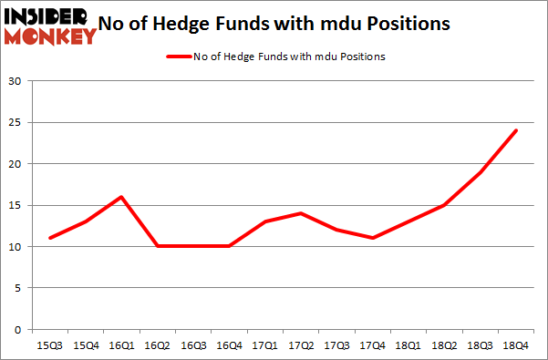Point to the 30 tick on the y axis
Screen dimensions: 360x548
[x=16, y=82]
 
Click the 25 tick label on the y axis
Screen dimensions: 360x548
[x=16, y=123]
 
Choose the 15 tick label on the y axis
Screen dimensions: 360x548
[x=16, y=206]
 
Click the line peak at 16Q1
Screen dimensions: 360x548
[x=120, y=197]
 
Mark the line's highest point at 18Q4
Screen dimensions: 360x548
[x=515, y=130]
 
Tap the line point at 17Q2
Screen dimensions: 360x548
[x=300, y=213]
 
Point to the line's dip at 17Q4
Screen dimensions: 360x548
[x=371, y=238]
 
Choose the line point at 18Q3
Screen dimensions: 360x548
[x=480, y=172]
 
